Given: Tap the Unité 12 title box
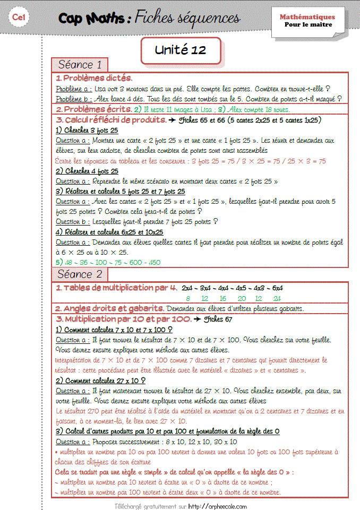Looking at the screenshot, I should [180, 50].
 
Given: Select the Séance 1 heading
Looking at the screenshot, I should [80, 65].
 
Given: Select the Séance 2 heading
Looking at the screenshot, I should [80, 274].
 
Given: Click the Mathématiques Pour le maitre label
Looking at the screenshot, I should [307, 21].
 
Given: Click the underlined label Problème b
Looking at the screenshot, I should [74, 99].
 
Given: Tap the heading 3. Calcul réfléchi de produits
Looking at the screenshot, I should [112, 120].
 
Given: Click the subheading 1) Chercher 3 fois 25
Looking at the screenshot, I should [87, 130].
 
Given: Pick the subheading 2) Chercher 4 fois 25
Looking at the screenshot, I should [87, 171].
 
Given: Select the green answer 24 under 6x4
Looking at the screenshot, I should [277, 298].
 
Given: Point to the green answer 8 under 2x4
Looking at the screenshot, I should [188, 298].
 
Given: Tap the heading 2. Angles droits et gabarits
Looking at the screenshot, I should [109, 308].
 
